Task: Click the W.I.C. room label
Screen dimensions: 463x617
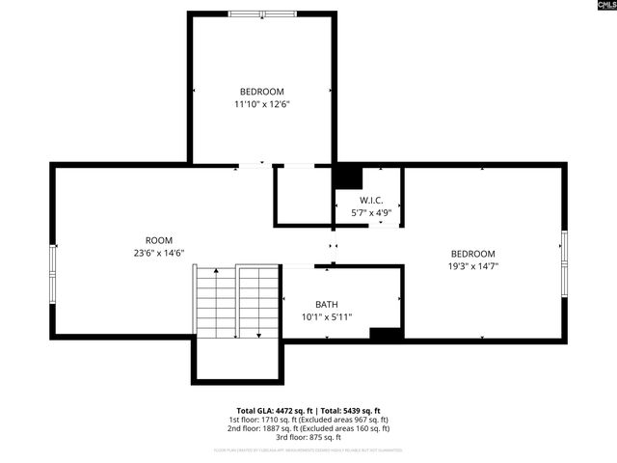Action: [x=372, y=201]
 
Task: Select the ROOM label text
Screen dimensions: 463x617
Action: [x=159, y=240]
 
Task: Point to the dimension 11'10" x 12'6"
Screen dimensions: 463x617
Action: [x=262, y=104]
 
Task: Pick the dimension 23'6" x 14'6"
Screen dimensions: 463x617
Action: [x=159, y=253]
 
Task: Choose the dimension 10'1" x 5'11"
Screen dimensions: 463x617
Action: [x=327, y=316]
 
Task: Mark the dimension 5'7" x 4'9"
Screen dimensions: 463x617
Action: [x=371, y=213]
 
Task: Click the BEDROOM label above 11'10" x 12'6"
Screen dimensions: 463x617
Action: [x=262, y=92]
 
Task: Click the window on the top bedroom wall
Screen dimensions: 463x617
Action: [x=262, y=14]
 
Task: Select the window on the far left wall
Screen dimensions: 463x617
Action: [x=53, y=262]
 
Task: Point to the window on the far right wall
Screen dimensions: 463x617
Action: [x=564, y=253]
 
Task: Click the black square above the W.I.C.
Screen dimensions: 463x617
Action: [x=347, y=177]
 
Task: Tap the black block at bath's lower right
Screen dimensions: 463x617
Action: [x=387, y=334]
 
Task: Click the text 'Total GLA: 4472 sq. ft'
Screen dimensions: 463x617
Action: [x=272, y=410]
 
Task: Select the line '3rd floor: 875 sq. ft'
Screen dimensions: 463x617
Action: [x=308, y=437]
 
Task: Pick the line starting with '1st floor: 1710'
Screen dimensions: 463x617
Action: [x=308, y=420]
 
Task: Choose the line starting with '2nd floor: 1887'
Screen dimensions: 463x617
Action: [x=308, y=428]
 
